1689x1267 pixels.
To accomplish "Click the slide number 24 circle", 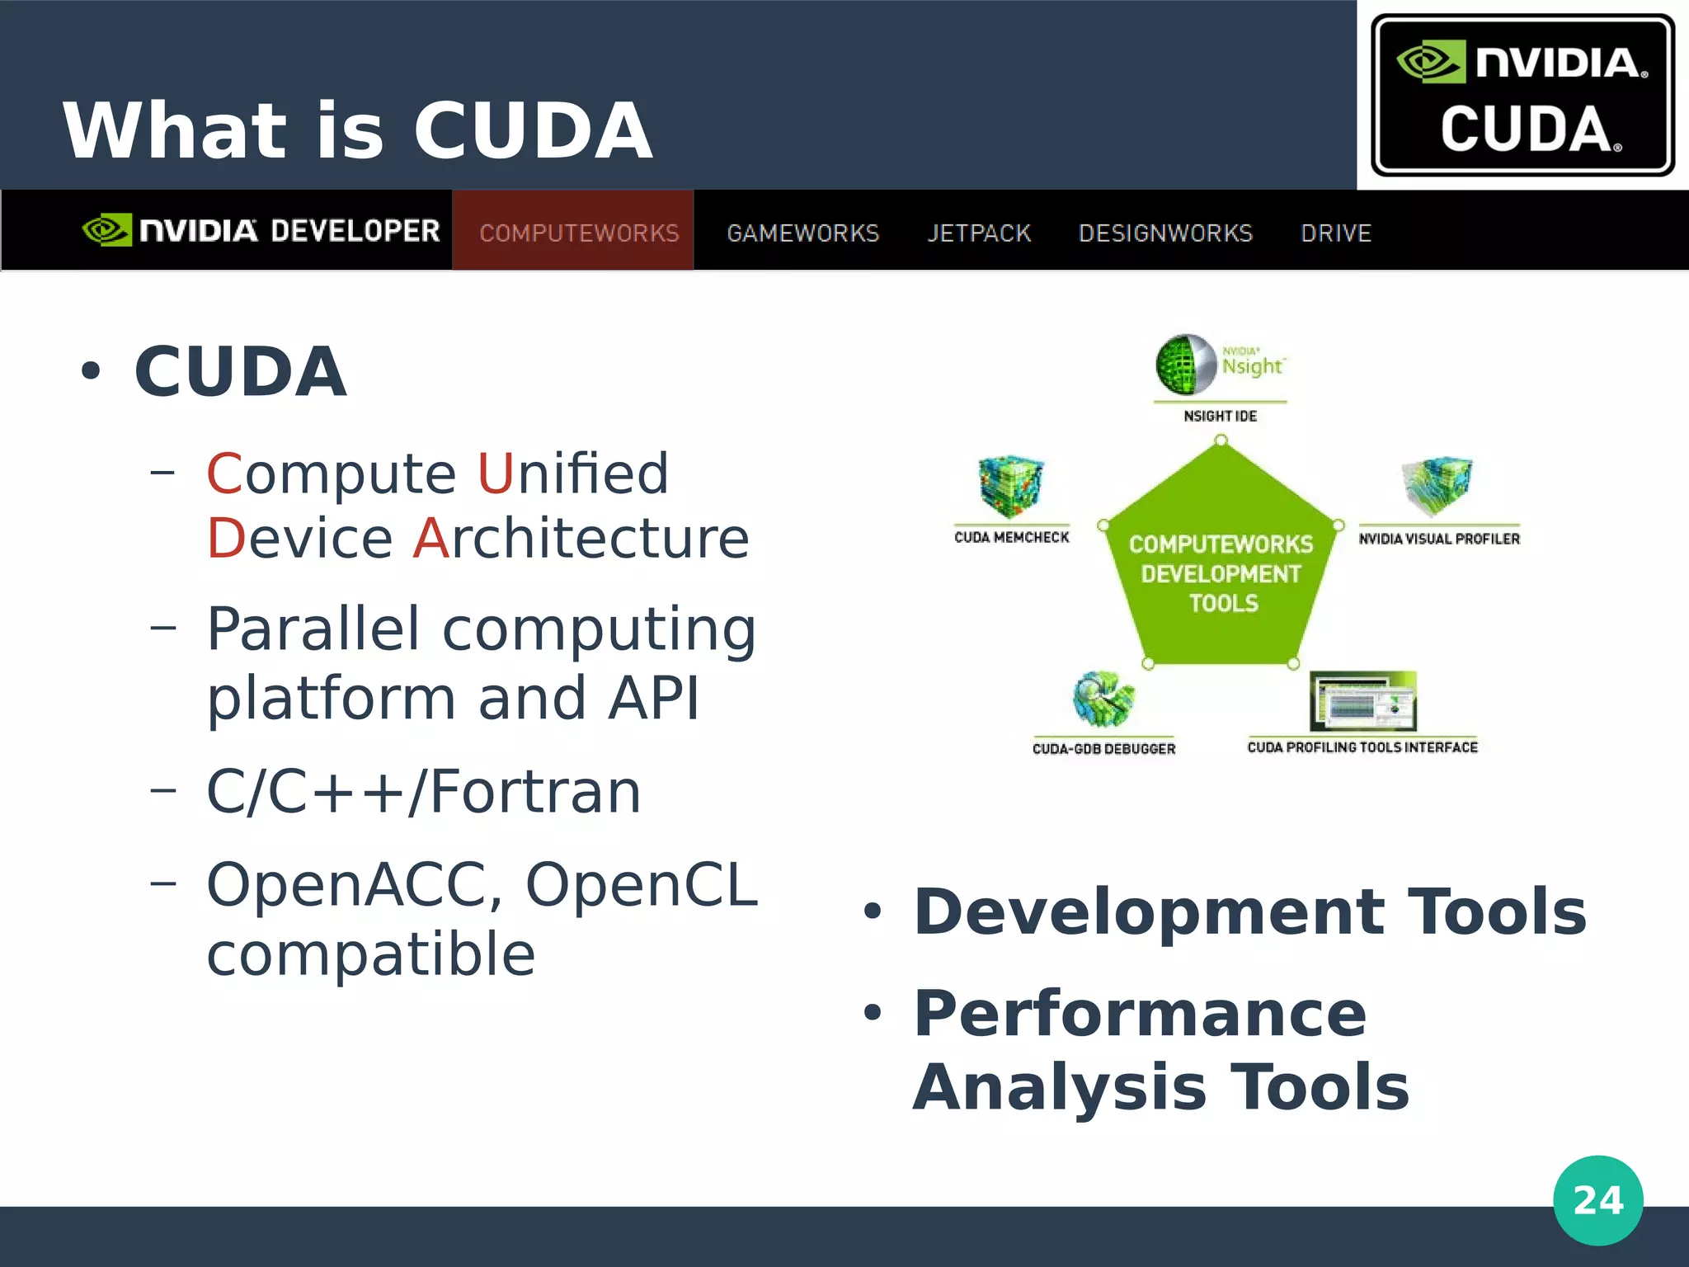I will [x=1597, y=1200].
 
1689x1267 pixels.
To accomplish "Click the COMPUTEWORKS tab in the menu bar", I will [x=579, y=233].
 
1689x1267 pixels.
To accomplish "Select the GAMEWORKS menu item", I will [x=802, y=233].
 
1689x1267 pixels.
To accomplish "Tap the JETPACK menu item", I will [x=979, y=233].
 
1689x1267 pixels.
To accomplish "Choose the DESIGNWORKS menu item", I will [x=1165, y=233].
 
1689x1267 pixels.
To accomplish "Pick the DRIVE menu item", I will [x=1335, y=233].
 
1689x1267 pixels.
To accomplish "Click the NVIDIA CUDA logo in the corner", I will [x=1522, y=95].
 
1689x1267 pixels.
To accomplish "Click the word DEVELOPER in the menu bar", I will [x=355, y=231].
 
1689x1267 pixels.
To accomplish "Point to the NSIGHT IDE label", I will [x=1220, y=416].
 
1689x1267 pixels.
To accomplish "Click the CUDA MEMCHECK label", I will [x=1011, y=537].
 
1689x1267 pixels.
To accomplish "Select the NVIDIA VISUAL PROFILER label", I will [x=1439, y=539].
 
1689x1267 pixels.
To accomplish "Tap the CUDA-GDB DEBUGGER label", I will [x=1103, y=748].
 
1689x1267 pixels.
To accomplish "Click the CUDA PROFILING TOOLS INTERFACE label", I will [x=1362, y=747].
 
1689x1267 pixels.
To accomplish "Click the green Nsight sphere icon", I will [x=1186, y=364].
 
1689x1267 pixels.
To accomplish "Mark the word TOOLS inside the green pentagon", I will [x=1224, y=603].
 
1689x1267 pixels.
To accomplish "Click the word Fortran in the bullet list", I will [x=534, y=791].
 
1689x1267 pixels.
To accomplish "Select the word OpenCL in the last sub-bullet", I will [x=641, y=884].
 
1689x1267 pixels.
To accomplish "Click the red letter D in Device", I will [x=225, y=538].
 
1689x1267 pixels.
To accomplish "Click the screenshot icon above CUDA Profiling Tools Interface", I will [x=1362, y=700].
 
